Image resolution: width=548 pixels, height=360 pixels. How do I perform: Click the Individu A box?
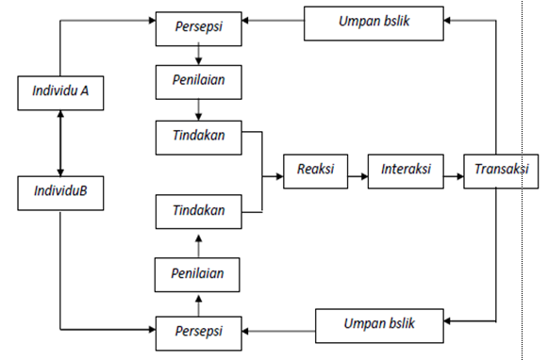tap(59, 93)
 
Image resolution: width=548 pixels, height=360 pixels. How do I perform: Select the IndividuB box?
tap(59, 192)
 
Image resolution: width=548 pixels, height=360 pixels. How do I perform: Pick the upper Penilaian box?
tap(197, 81)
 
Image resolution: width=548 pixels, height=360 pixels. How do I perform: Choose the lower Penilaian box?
tap(197, 276)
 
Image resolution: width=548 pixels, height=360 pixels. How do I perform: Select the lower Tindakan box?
tap(197, 209)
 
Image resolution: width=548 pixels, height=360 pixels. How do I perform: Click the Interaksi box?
tap(406, 170)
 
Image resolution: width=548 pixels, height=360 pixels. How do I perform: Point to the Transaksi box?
tap(496, 170)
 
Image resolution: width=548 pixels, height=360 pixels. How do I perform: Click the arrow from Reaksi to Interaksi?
tap(356, 171)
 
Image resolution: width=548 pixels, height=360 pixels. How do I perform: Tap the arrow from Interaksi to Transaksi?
tap(452, 171)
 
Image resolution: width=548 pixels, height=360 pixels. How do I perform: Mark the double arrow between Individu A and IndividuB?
tap(60, 142)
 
